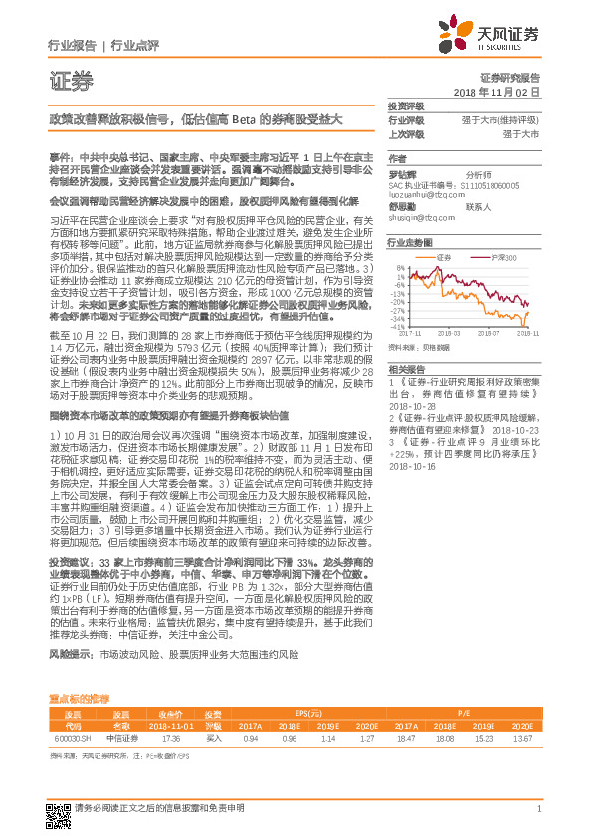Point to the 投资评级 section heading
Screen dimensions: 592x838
tap(405, 106)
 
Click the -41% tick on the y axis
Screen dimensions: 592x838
tap(397, 326)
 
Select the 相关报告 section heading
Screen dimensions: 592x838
tap(405, 368)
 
